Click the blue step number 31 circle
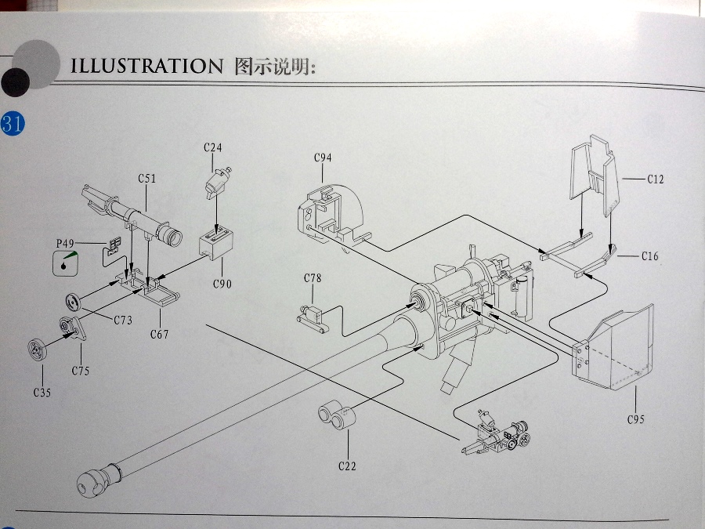[13, 124]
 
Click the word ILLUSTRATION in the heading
[146, 66]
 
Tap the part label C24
[212, 147]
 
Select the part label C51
[147, 179]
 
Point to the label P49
[65, 244]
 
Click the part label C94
[323, 158]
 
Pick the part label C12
[656, 179]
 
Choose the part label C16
[649, 256]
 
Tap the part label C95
[636, 420]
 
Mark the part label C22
[347, 466]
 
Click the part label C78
[313, 278]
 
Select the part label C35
[42, 393]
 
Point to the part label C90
[222, 284]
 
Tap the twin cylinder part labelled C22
[337, 415]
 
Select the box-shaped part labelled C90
[216, 243]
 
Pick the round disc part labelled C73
[73, 302]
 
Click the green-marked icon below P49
[65, 263]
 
